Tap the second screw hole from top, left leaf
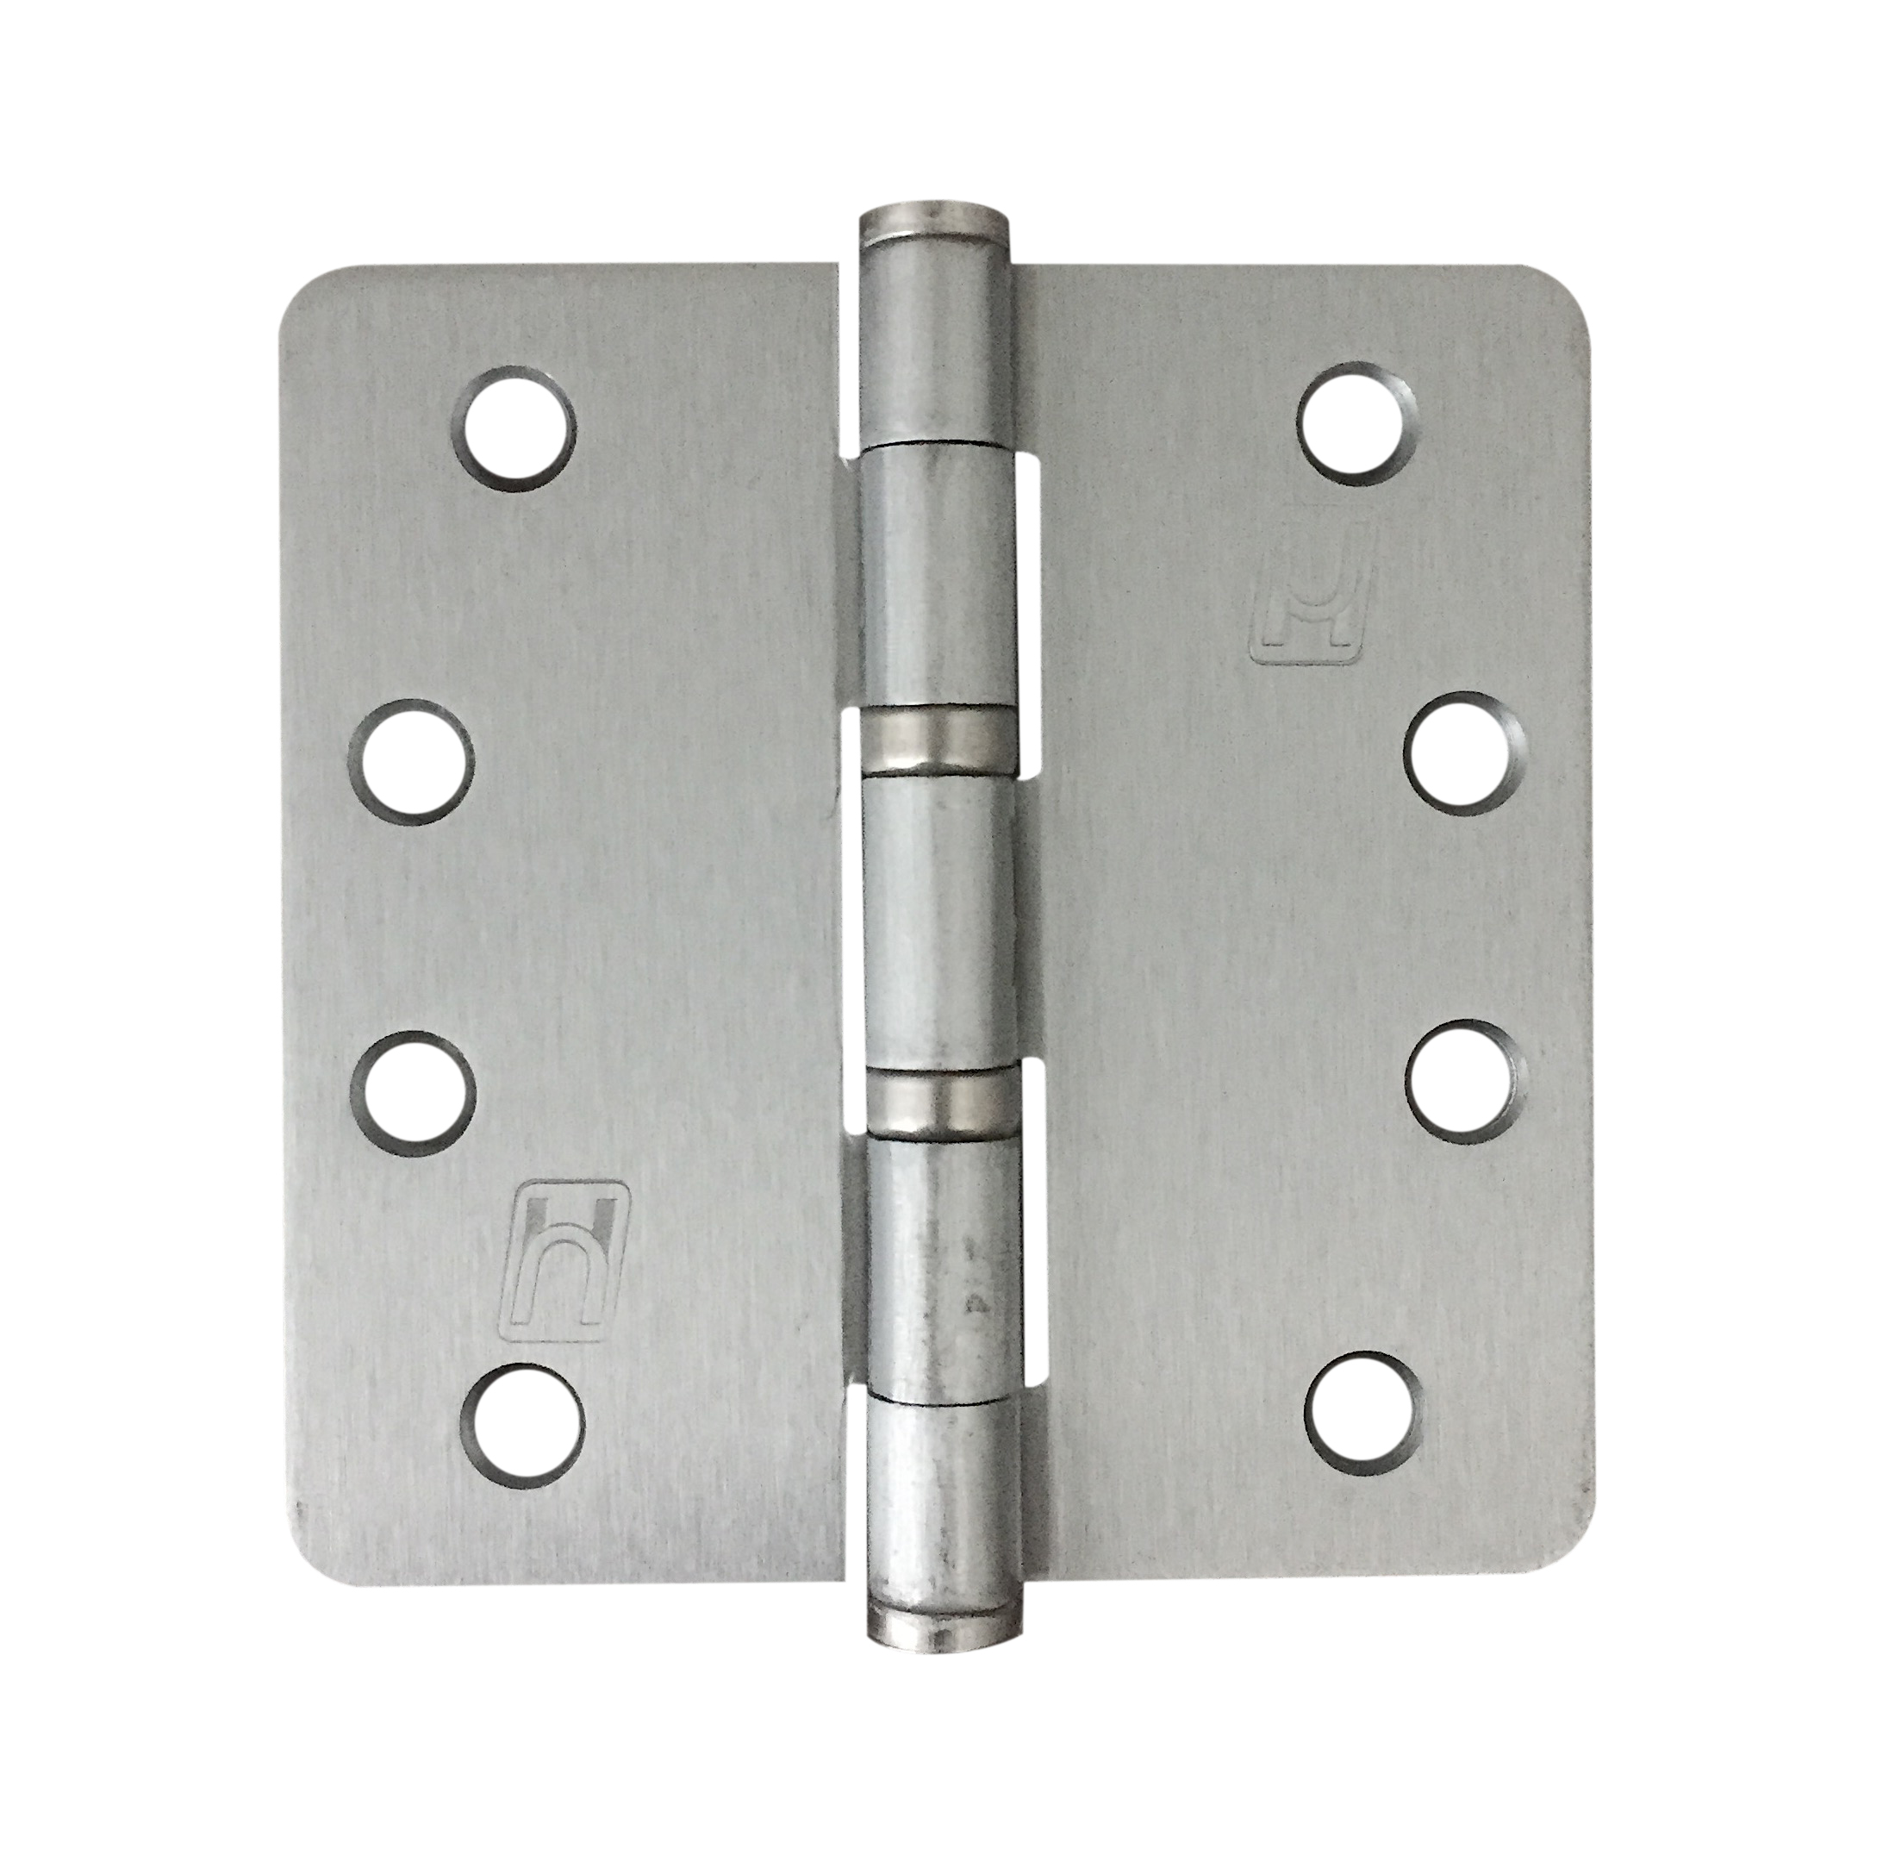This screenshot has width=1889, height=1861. (410, 761)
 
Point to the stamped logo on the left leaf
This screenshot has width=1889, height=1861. (564, 1260)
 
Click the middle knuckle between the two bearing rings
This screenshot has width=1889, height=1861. (938, 921)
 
